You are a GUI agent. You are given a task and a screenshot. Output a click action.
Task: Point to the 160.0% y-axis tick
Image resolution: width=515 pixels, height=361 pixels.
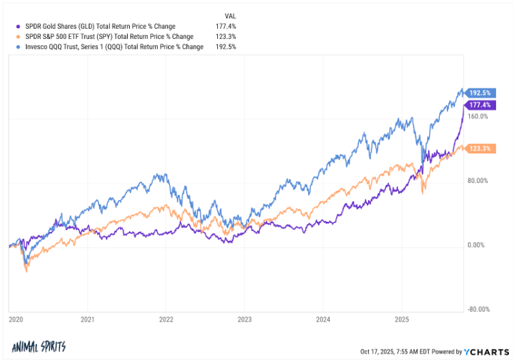[x=479, y=117]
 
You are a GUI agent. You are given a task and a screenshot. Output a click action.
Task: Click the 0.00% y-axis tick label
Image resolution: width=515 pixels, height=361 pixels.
[x=479, y=245]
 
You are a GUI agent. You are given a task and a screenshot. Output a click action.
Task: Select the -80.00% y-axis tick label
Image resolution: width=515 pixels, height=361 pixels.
[x=477, y=308]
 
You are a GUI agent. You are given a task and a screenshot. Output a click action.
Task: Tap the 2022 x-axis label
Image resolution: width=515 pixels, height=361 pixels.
[x=166, y=319]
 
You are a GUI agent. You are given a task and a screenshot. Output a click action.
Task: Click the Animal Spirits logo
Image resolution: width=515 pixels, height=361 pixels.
[x=39, y=347]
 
